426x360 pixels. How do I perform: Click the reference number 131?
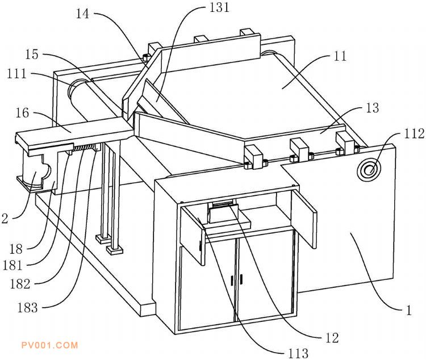pos(219,7)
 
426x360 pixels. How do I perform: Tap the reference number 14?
pos(82,14)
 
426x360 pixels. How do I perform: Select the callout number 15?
pos(32,55)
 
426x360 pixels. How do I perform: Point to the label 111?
pos(17,74)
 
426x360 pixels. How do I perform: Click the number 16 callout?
pos(22,113)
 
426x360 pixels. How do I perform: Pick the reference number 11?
pos(340,56)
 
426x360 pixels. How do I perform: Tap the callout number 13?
pos(372,108)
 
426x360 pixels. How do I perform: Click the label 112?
pos(414,133)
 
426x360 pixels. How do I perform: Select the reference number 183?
pos(27,308)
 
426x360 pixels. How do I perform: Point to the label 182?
pos(20,284)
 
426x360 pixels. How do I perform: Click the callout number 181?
pos(12,265)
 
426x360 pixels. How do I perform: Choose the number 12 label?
pos(332,338)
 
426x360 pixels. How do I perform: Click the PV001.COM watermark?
pos(50,345)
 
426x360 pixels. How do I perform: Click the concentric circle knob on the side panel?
pos(369,170)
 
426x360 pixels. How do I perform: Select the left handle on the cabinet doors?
pos(232,280)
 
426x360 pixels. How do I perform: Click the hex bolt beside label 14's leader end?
pos(147,57)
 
